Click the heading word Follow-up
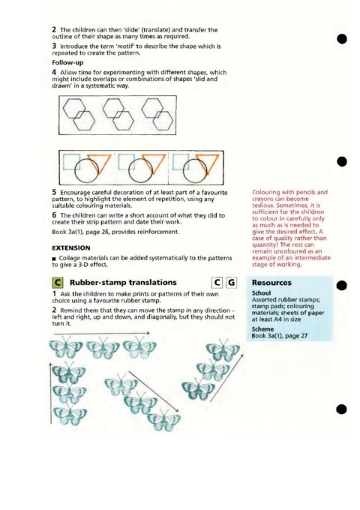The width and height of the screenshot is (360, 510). coord(67,62)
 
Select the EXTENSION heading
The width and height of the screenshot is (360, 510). coord(71,247)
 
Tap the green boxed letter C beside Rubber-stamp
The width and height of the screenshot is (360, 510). coord(57,282)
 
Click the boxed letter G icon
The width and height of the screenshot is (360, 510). coord(231,283)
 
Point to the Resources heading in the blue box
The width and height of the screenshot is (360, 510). coord(271,283)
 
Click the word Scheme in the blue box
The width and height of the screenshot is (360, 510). coord(262,329)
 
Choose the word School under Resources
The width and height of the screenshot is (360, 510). coord(261,292)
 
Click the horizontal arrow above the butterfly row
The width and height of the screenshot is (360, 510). coord(101,333)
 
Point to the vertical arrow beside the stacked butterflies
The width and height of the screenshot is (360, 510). coord(51,394)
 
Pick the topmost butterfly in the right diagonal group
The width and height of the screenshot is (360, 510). coord(223,350)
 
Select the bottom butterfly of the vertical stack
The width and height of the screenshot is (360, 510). coord(70,415)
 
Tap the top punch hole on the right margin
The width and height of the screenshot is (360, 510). coord(342,39)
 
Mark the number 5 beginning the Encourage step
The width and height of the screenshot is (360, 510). coord(54,192)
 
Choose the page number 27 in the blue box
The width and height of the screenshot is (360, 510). coord(304,336)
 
